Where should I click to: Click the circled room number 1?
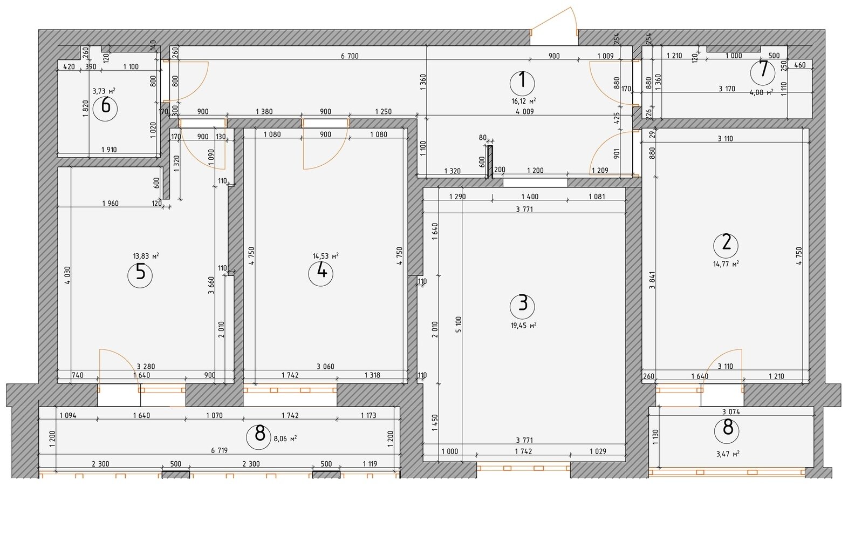[522, 83]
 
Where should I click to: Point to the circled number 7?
[763, 72]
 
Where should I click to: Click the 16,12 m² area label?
[524, 101]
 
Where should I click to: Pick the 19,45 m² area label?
[524, 326]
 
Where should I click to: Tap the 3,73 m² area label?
[104, 91]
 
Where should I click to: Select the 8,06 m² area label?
[285, 439]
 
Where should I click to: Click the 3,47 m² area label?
[728, 454]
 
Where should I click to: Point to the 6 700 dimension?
[350, 56]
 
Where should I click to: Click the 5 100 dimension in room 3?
[459, 325]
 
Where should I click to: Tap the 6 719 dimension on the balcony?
[219, 450]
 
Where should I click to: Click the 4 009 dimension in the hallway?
[524, 111]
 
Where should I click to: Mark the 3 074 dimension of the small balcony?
[730, 411]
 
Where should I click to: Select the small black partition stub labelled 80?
[490, 162]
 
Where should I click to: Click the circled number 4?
[320, 274]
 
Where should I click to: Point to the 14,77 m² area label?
[726, 264]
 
